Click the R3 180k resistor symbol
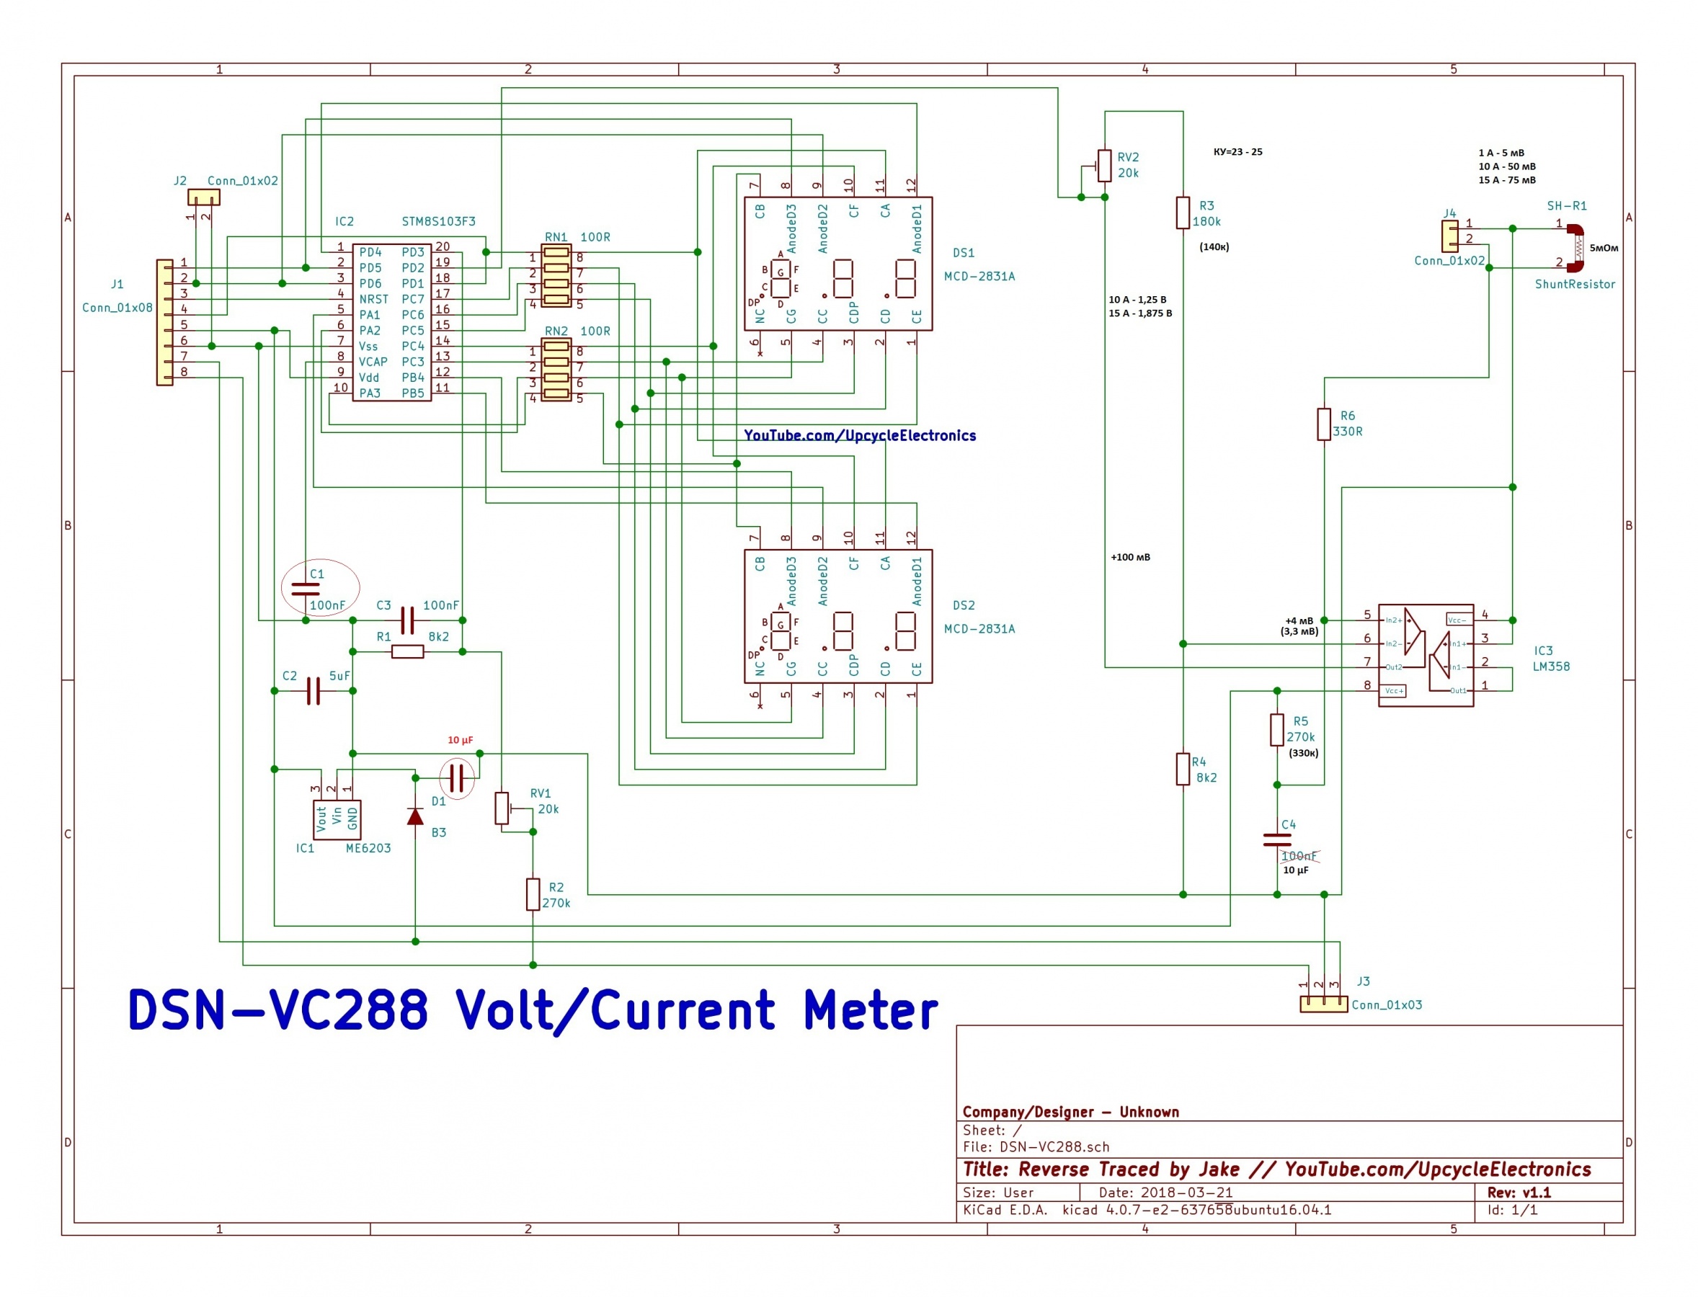pyautogui.click(x=1182, y=213)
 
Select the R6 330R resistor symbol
pyautogui.click(x=1323, y=424)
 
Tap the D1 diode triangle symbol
pyautogui.click(x=414, y=816)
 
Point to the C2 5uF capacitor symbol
pyautogui.click(x=313, y=691)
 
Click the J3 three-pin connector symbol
pyautogui.click(x=1323, y=1004)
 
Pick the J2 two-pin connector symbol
pyautogui.click(x=204, y=197)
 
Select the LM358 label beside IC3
pyautogui.click(x=1550, y=667)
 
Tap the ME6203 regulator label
pyautogui.click(x=368, y=847)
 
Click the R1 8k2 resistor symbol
pyautogui.click(x=407, y=651)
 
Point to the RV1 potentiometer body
pyautogui.click(x=502, y=808)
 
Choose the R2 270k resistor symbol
pyautogui.click(x=533, y=894)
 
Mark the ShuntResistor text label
pyautogui.click(x=1575, y=284)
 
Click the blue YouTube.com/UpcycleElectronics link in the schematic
pyautogui.click(x=858, y=435)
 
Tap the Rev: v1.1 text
pyautogui.click(x=1519, y=1192)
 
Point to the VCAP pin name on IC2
pyautogui.click(x=373, y=362)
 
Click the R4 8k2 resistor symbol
pyautogui.click(x=1182, y=769)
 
